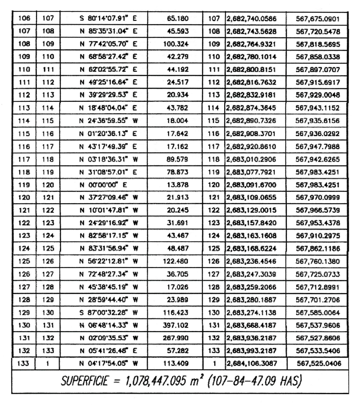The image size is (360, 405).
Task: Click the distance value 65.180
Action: [x=178, y=19]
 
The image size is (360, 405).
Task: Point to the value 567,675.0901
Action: [x=318, y=19]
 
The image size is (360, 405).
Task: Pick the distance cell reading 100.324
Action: [x=176, y=44]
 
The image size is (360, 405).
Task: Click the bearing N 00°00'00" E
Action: [x=103, y=185]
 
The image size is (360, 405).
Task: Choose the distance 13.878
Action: [x=178, y=185]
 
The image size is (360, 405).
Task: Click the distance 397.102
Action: [x=176, y=325]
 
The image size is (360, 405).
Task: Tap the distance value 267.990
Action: [x=176, y=338]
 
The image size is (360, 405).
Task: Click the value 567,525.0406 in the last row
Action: [x=319, y=364]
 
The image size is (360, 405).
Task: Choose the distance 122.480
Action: [x=176, y=261]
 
